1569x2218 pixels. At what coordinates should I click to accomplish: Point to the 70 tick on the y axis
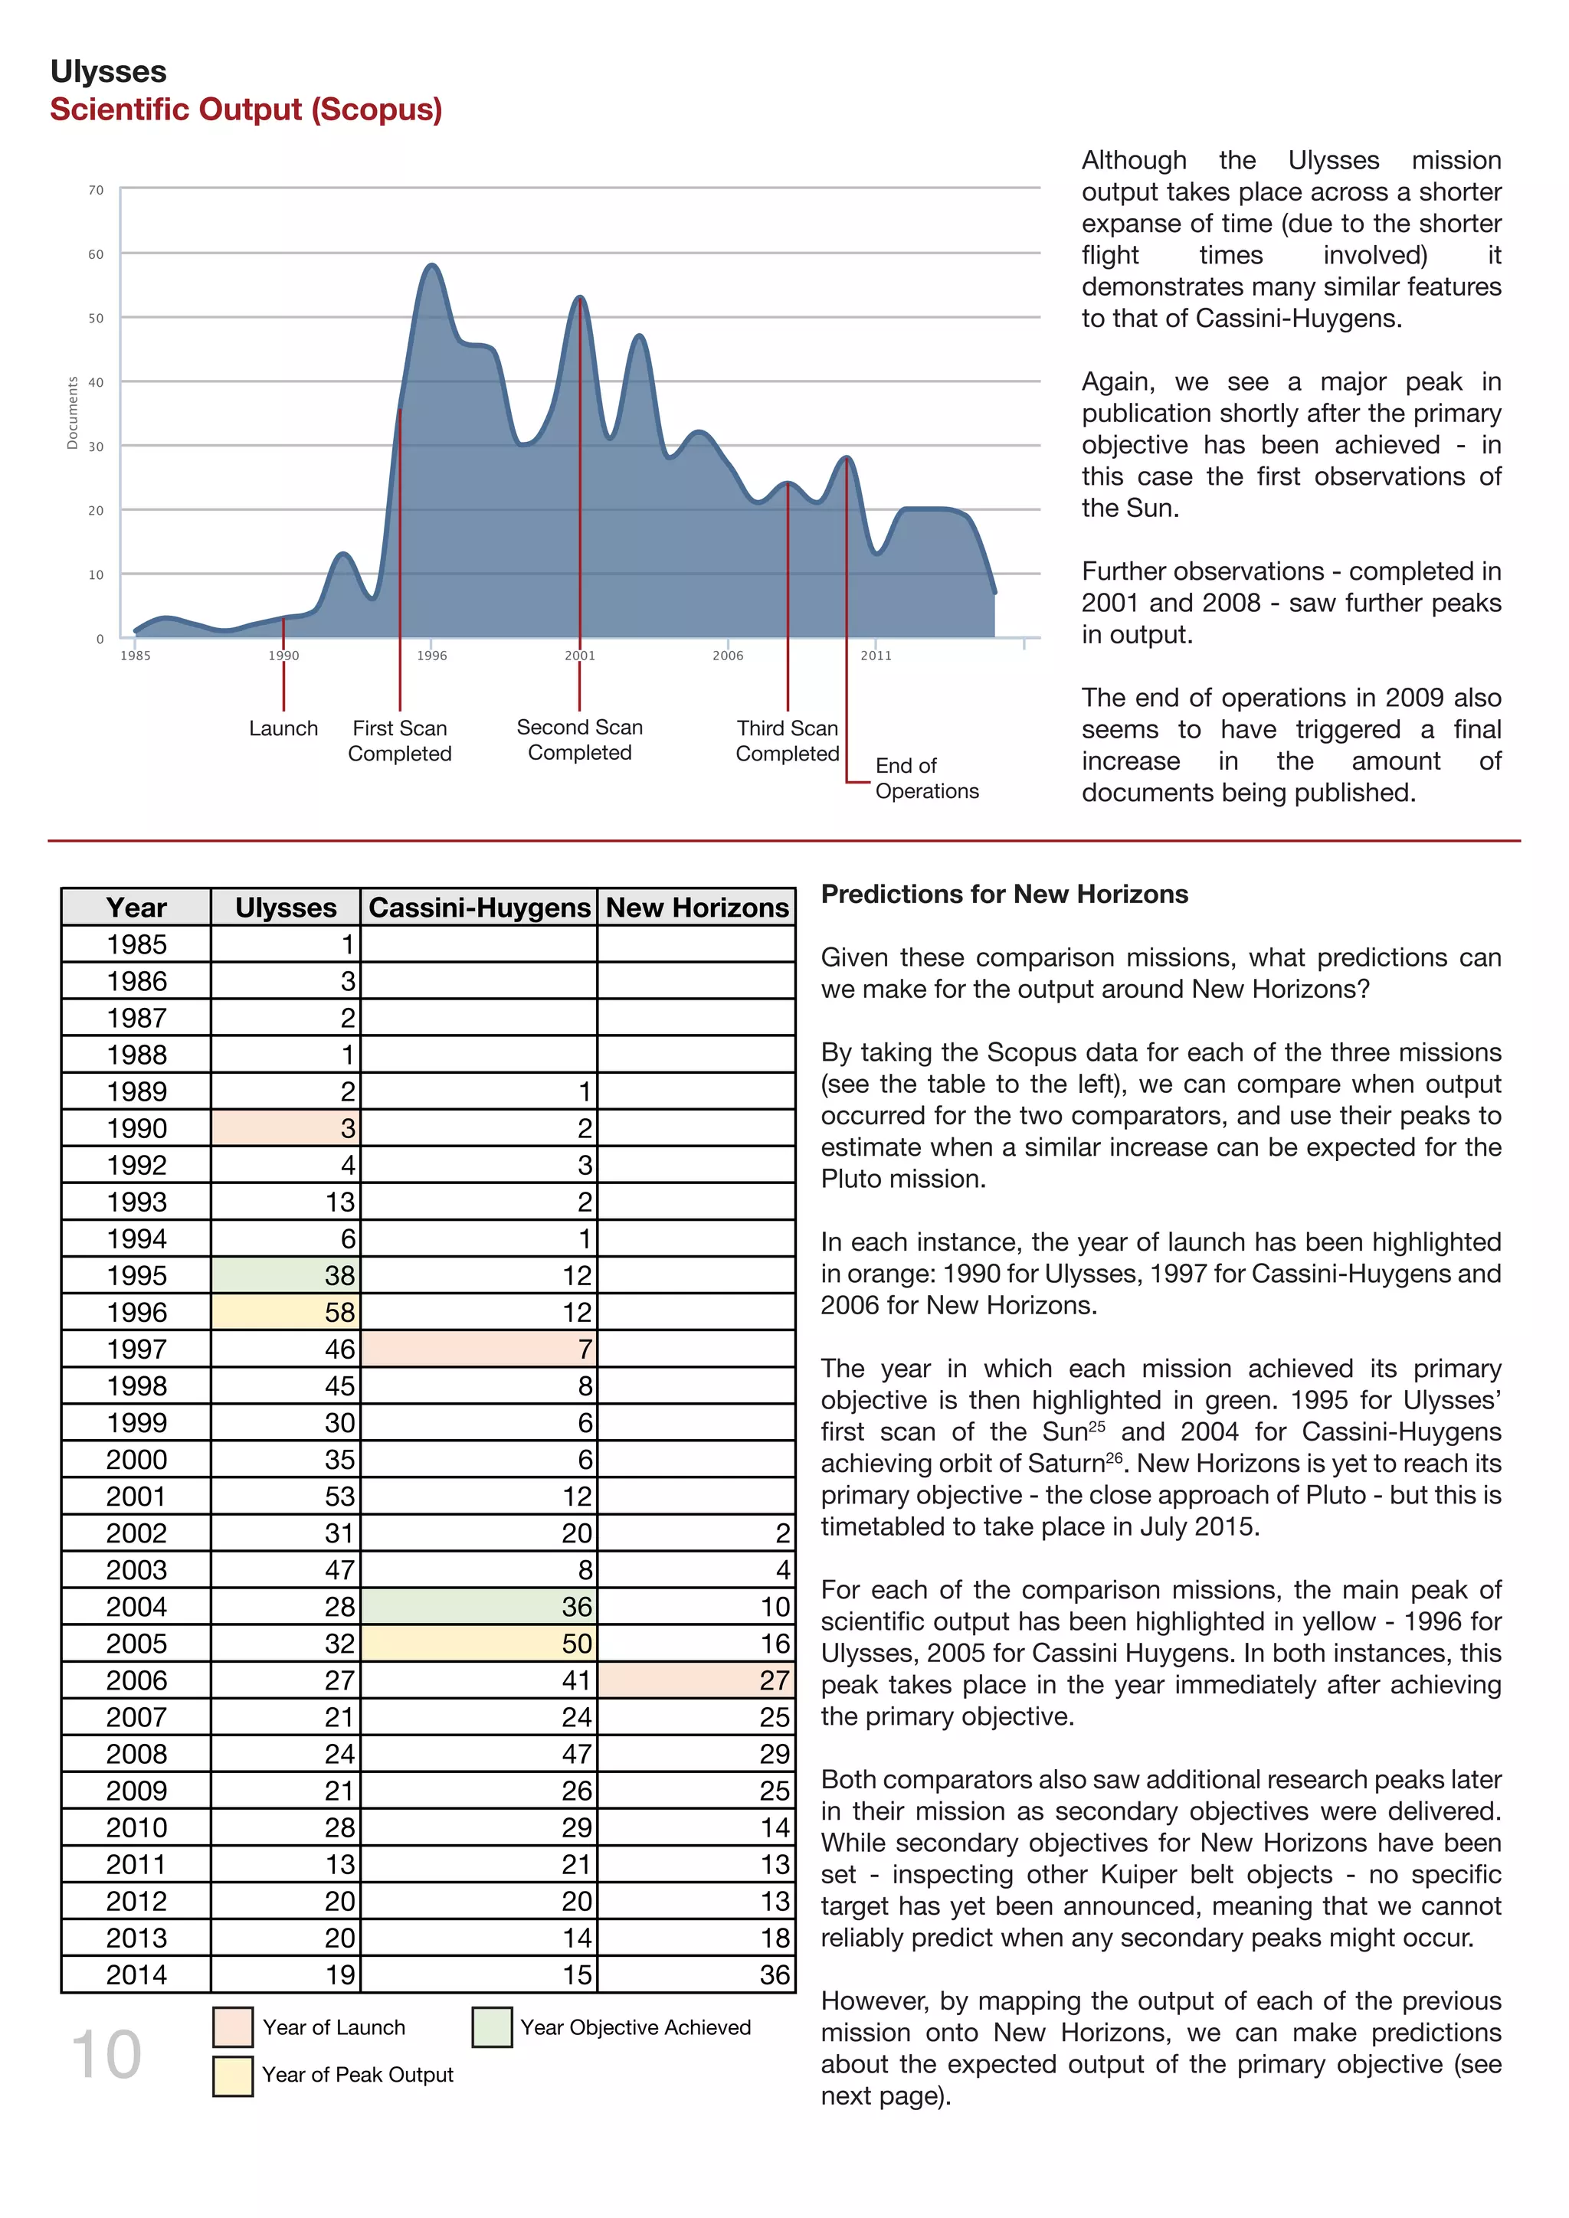(x=96, y=190)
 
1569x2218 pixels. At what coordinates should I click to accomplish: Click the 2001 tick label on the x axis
(x=580, y=656)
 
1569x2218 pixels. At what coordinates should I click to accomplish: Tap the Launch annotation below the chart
(x=283, y=728)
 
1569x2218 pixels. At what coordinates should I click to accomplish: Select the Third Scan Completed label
(x=788, y=741)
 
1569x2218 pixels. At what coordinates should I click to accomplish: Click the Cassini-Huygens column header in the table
(x=479, y=908)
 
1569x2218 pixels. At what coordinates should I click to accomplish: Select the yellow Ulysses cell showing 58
(x=286, y=1312)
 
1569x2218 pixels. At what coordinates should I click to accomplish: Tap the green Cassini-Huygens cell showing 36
(x=479, y=1607)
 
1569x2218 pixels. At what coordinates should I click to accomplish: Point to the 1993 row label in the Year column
(x=136, y=1202)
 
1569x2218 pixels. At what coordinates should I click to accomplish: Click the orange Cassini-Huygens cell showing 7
(x=479, y=1349)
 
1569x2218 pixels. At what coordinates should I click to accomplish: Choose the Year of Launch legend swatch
(x=233, y=2027)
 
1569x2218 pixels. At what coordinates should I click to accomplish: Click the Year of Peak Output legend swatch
(x=233, y=2075)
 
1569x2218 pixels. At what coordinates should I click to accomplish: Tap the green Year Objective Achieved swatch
(x=492, y=2027)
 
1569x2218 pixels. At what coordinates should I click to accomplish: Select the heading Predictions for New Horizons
(x=1004, y=895)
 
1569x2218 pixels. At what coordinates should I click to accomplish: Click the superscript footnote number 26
(x=1114, y=1457)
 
